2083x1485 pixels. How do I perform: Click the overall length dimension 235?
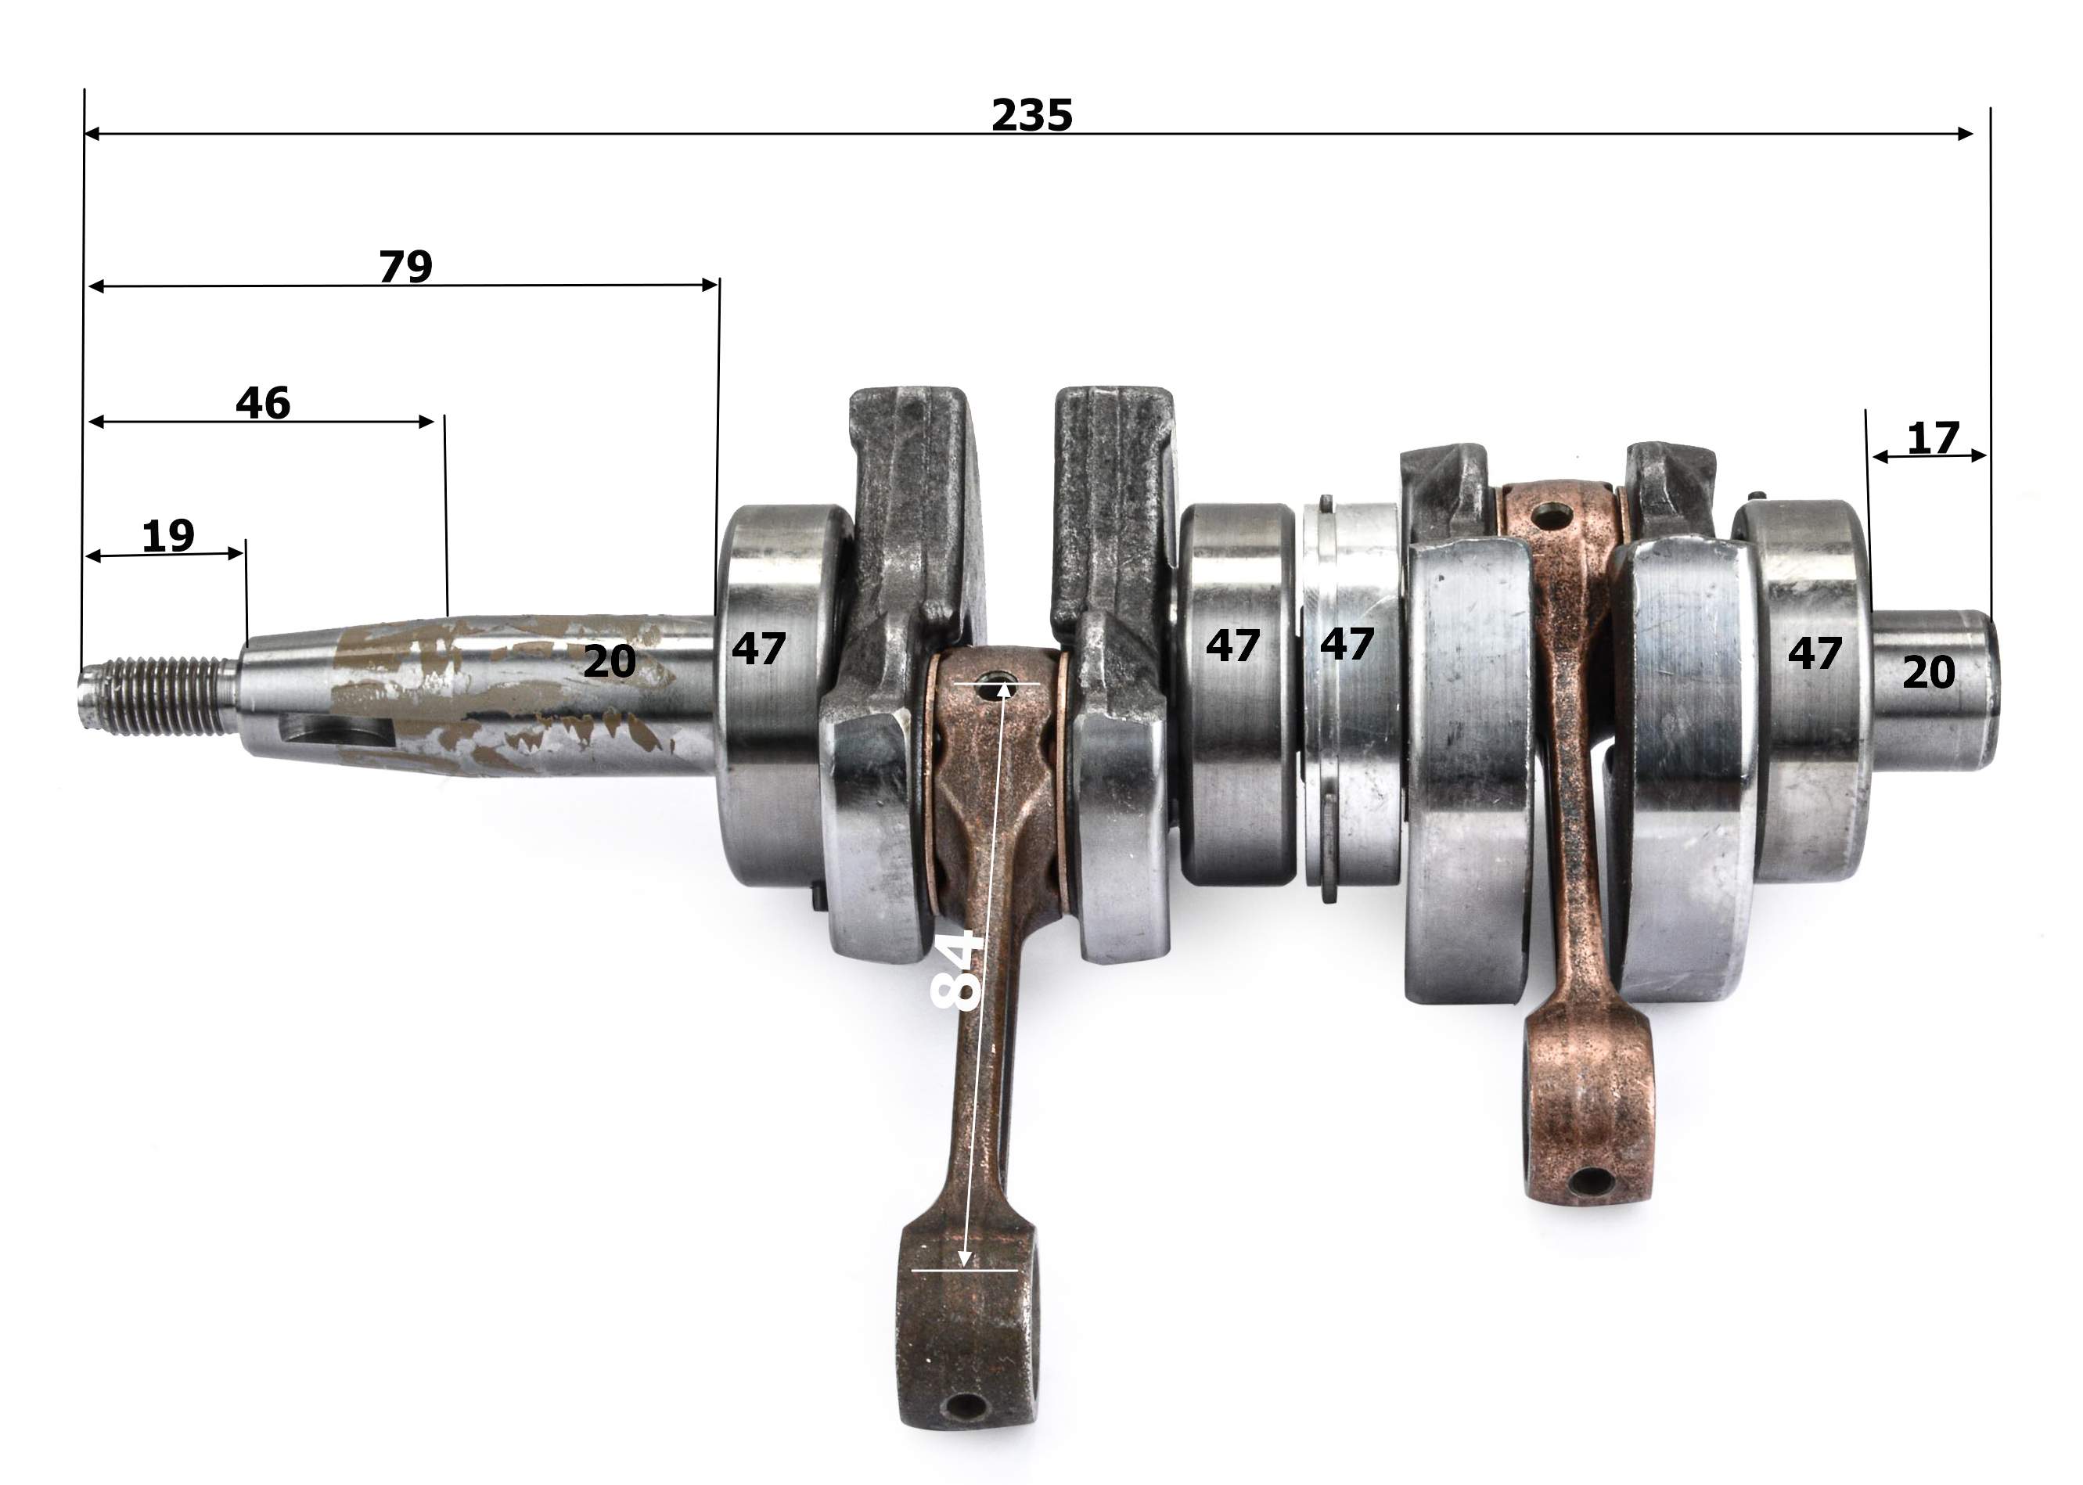click(x=1031, y=115)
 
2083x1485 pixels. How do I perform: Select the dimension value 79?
click(x=405, y=267)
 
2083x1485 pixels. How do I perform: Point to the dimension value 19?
click(x=168, y=537)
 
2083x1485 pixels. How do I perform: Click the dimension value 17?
click(x=1933, y=439)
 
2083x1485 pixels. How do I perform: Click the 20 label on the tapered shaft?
click(x=609, y=662)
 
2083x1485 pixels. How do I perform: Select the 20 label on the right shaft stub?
click(x=1929, y=673)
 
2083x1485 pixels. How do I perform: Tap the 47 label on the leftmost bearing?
click(x=758, y=649)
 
